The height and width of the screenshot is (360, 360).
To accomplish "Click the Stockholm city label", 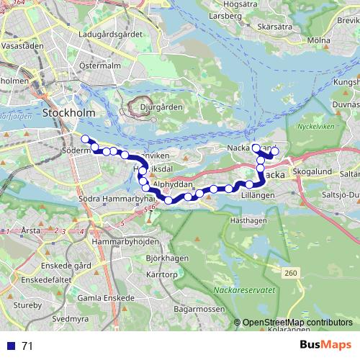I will tap(69, 113).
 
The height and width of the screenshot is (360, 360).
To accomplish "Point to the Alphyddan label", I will tap(172, 184).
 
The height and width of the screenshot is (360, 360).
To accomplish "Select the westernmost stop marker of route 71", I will tap(85, 139).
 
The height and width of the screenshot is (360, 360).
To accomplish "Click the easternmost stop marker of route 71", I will tap(274, 151).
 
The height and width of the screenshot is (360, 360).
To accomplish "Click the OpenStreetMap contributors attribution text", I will tap(297, 323).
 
